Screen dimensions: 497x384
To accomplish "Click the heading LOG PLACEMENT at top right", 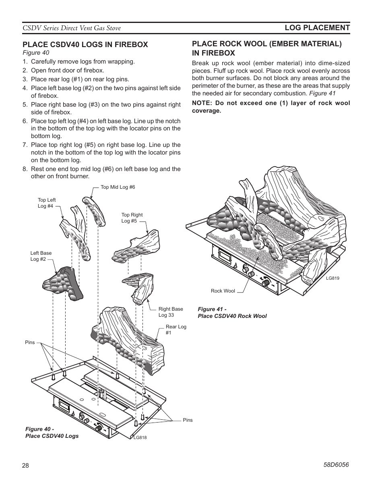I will tap(317, 28).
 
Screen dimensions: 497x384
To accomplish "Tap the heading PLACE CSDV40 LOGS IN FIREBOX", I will tap(85, 45).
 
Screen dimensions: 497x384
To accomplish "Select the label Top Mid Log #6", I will tap(118, 187).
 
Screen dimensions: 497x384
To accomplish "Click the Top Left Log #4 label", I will tap(46, 203).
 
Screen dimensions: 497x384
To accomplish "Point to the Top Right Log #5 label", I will tap(132, 218).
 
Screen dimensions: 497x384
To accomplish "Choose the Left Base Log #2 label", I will tap(41, 256).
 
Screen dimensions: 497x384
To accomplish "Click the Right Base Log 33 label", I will tap(170, 312).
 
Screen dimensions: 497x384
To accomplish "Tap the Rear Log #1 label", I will tap(175, 330).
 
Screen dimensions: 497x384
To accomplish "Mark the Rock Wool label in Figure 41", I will tap(223, 291).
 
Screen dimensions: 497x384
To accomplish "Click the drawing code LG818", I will tap(140, 437).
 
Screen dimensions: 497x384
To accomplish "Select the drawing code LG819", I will tap(333, 278).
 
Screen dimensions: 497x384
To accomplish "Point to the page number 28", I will tap(26, 465).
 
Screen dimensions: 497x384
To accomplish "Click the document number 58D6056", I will tap(336, 464).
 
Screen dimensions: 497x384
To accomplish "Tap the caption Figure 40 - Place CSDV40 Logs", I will tap(52, 432).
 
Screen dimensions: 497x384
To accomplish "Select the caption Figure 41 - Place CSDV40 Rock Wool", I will tap(232, 312).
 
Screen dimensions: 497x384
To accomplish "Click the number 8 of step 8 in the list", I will tap(25, 169).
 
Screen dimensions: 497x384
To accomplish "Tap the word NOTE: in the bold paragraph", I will tap(202, 103).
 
